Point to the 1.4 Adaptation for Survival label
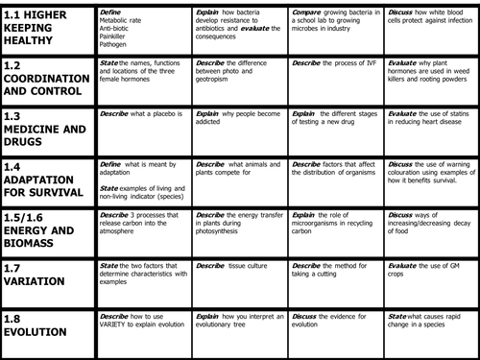[48, 179]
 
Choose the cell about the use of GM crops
[428, 271]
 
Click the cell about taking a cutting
[331, 271]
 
